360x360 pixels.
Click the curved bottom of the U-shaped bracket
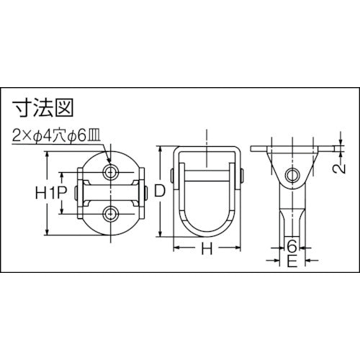pyautogui.click(x=207, y=231)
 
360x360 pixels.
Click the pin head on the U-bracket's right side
pyautogui.click(x=242, y=175)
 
